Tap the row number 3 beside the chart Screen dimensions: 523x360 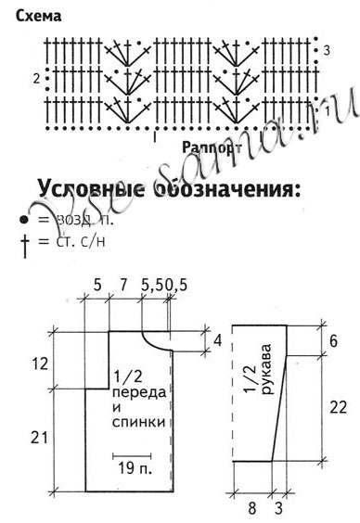coord(327,48)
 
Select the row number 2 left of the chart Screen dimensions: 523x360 coord(36,79)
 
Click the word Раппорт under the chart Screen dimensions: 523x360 coord(212,147)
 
